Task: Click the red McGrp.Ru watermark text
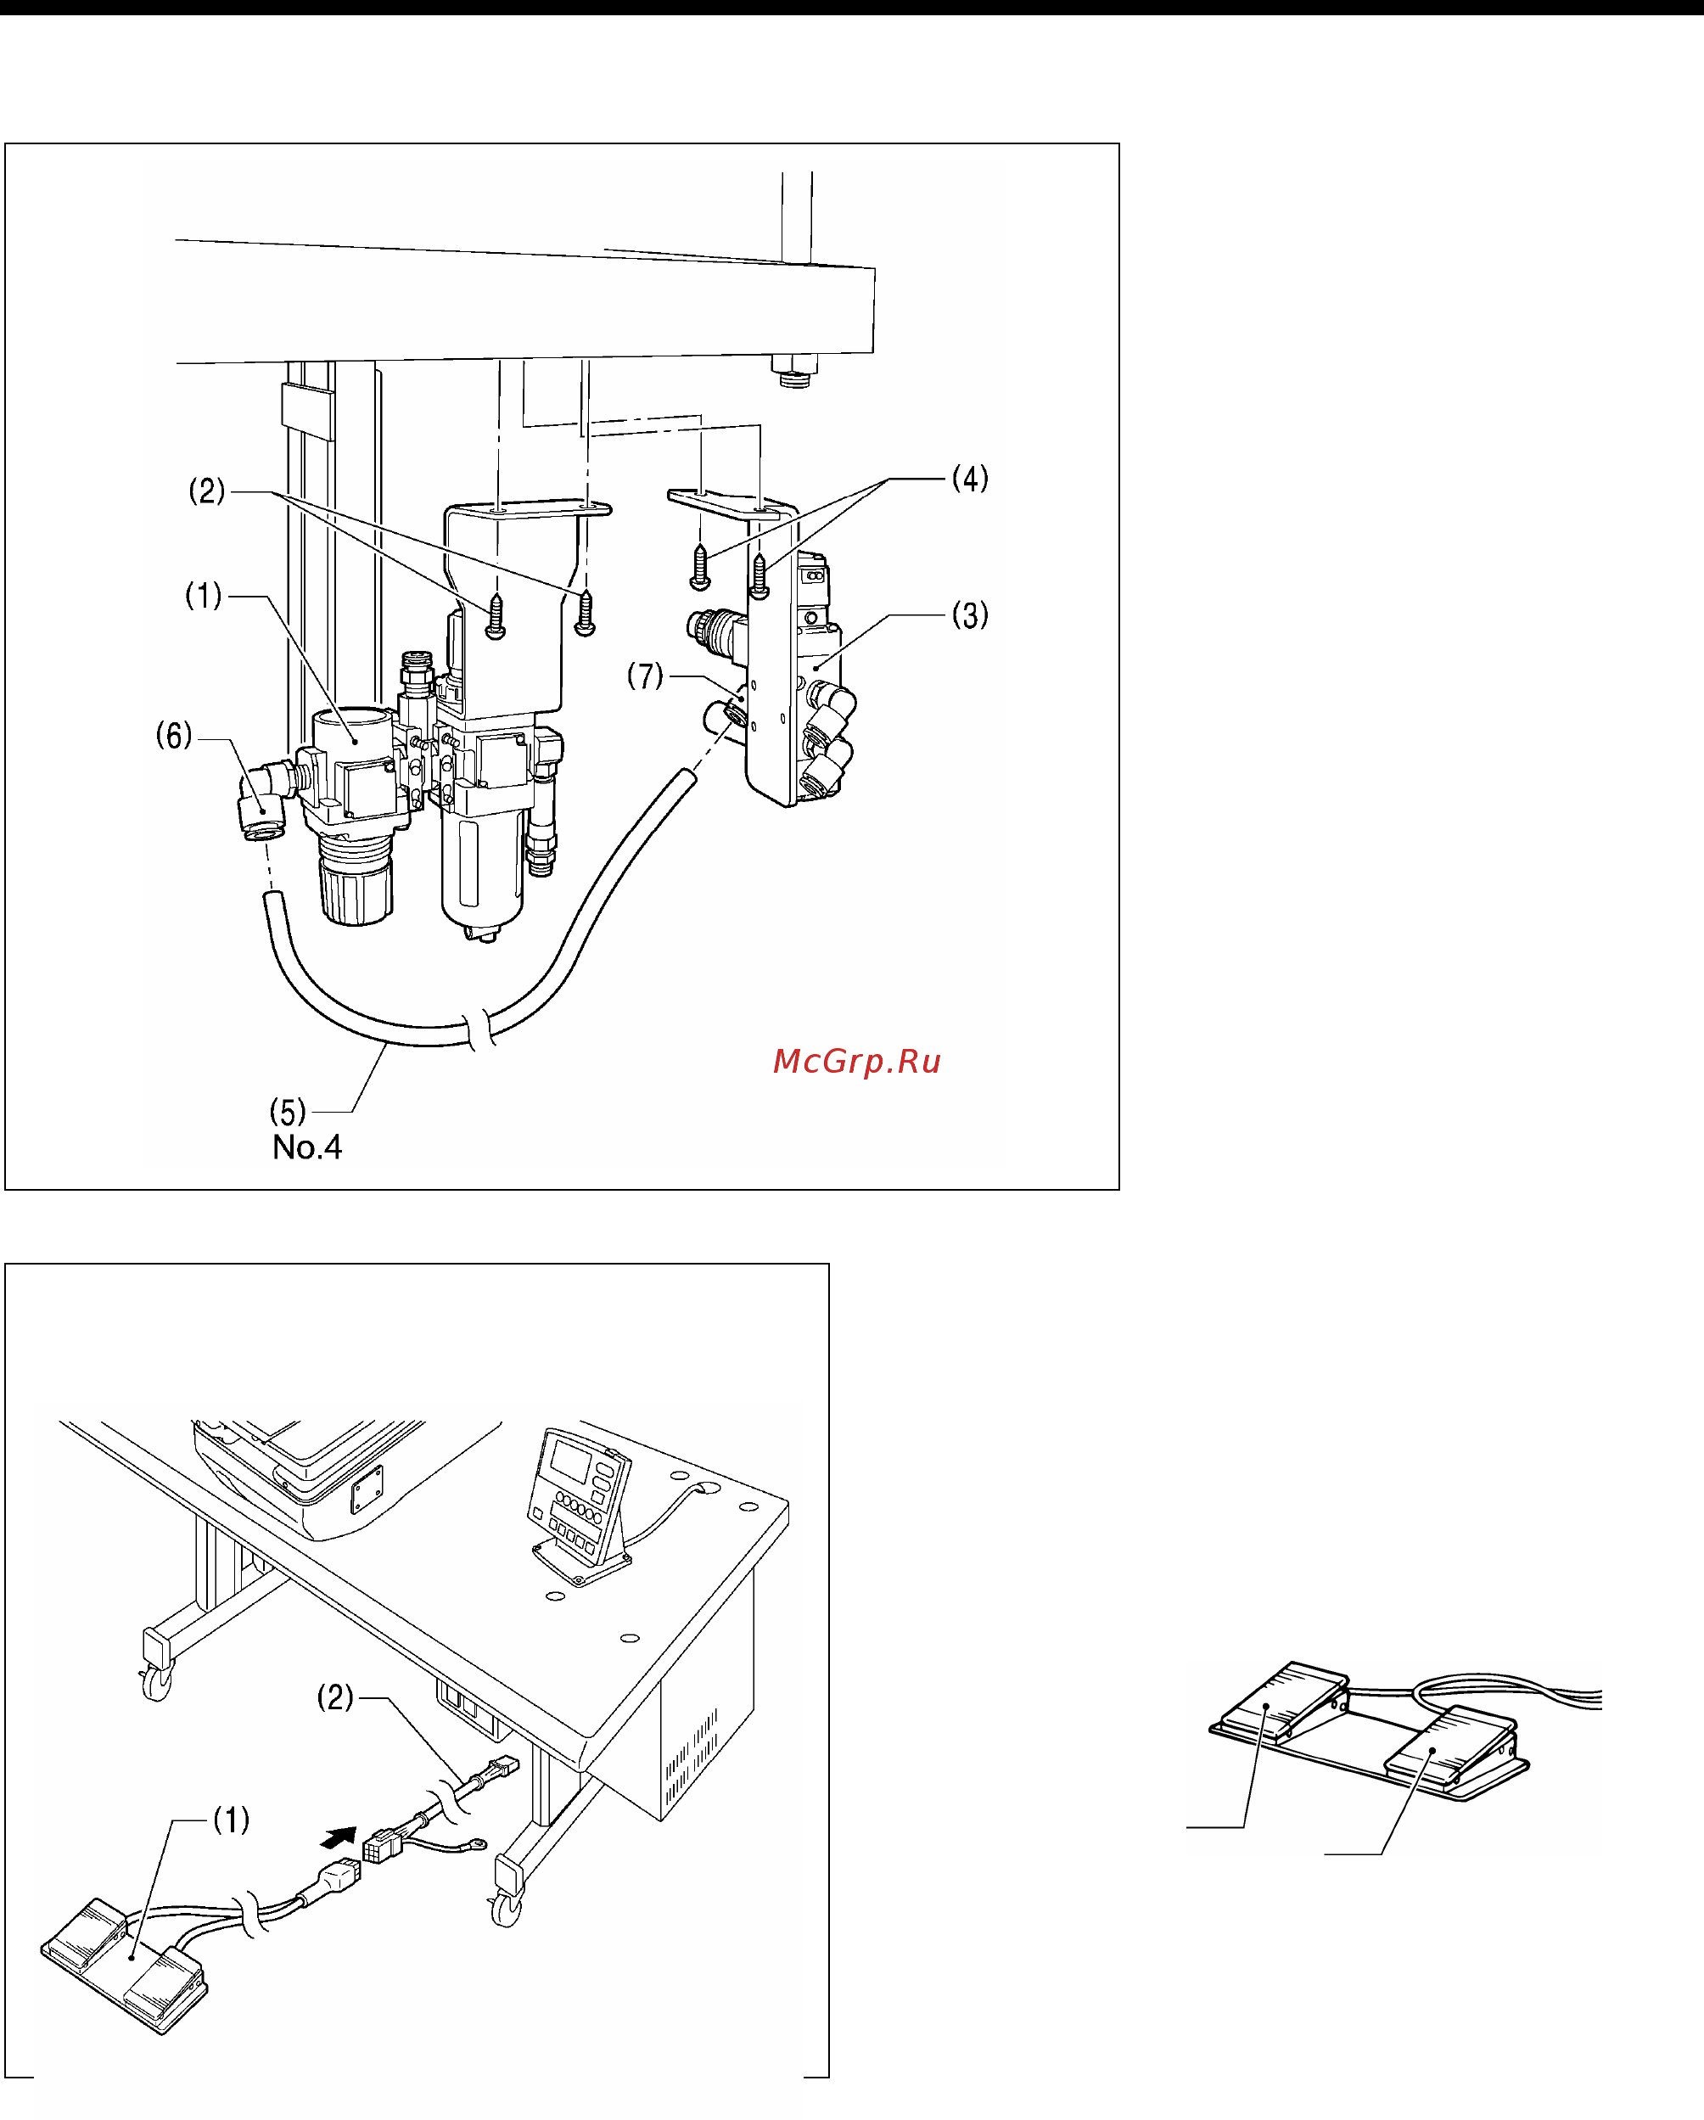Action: (x=856, y=1061)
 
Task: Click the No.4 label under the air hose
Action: (x=307, y=1147)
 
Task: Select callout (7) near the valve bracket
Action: (x=646, y=676)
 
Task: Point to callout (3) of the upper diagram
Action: (x=969, y=615)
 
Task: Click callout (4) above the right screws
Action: (x=969, y=479)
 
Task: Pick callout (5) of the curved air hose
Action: (x=287, y=1112)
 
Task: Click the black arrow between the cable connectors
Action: (x=340, y=1836)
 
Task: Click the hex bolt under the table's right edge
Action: (x=794, y=371)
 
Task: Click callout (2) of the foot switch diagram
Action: (x=334, y=1697)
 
